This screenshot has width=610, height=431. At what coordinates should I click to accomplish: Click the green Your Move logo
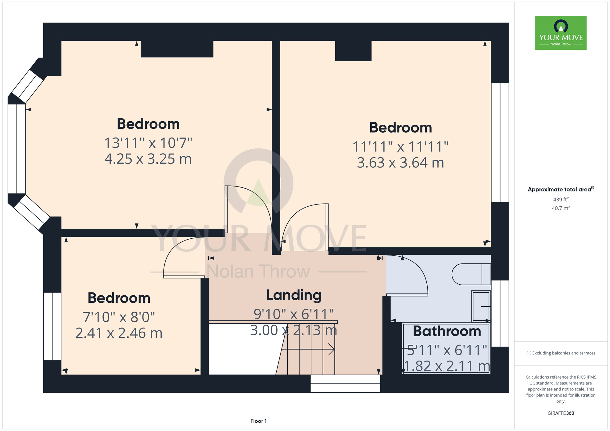click(x=561, y=33)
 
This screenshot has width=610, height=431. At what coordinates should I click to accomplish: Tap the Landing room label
click(x=294, y=295)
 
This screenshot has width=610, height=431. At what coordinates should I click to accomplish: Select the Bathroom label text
click(x=447, y=331)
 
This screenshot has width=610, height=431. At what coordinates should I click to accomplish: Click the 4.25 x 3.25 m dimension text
click(x=148, y=159)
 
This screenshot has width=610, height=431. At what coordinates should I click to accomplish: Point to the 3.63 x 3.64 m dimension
click(x=400, y=163)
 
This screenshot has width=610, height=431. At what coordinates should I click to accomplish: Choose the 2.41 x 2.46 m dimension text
click(x=119, y=333)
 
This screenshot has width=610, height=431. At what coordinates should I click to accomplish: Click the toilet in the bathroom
click(x=471, y=274)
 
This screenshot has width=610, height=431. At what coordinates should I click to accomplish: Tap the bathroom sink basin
click(x=481, y=306)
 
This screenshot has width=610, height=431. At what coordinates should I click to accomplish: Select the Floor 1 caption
click(x=258, y=421)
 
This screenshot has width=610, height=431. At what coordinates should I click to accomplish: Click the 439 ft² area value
click(x=561, y=199)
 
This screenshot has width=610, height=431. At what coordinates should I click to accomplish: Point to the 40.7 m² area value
click(x=561, y=208)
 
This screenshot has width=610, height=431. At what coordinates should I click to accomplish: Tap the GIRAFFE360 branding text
click(x=561, y=413)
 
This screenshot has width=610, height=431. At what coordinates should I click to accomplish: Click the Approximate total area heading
click(x=561, y=189)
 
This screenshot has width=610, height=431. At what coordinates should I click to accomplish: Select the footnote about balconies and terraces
click(x=561, y=353)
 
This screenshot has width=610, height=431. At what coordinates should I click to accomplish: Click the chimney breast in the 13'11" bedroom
click(x=177, y=49)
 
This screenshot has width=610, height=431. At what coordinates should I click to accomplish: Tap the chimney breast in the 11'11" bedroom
click(x=353, y=51)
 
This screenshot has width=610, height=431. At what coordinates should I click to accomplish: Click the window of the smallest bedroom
click(x=52, y=326)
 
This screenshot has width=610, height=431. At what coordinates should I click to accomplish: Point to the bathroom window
click(x=500, y=314)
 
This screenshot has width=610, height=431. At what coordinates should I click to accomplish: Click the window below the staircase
click(x=345, y=383)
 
